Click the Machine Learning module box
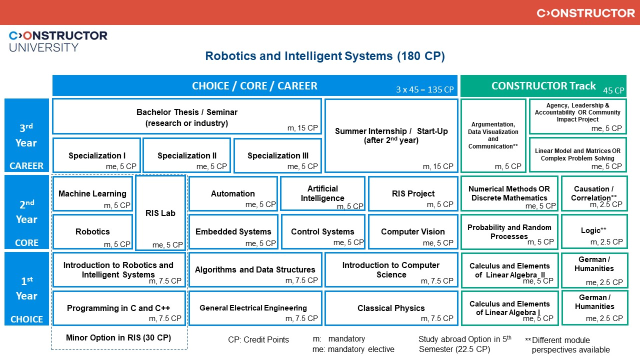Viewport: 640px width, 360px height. coord(92,193)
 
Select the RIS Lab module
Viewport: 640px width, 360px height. coord(160,213)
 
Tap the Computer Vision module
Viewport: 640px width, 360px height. coord(412,231)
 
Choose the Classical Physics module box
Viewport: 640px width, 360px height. coord(391,308)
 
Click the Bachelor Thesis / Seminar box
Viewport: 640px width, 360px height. coord(186,116)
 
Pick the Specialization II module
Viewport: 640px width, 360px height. coord(186,155)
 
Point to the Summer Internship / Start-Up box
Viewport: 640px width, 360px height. coord(391,135)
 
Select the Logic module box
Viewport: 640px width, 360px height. coord(594,231)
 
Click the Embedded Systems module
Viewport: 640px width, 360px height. coord(233,231)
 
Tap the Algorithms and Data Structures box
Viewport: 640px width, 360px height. coord(255,270)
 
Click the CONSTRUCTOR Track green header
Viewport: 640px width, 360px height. coord(543,85)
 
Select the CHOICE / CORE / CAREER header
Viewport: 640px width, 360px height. coord(254,85)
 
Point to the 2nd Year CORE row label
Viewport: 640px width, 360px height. coord(26,212)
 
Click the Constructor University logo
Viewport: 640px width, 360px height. coord(58,41)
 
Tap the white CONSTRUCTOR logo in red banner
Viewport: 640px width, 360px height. coord(585,13)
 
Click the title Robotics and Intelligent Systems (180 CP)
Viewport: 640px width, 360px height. coord(324,56)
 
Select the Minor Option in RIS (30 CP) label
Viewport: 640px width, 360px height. coord(118,338)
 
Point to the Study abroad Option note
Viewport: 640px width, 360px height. coord(464,344)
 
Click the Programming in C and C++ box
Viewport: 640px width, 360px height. coord(118,308)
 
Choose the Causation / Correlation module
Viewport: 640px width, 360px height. coord(594,193)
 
